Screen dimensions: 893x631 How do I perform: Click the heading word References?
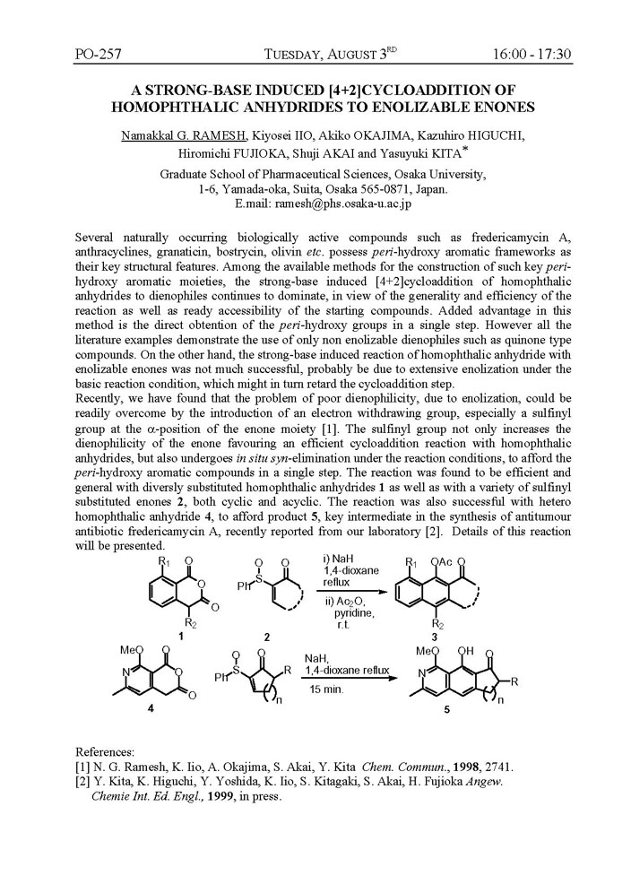tap(105, 750)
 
